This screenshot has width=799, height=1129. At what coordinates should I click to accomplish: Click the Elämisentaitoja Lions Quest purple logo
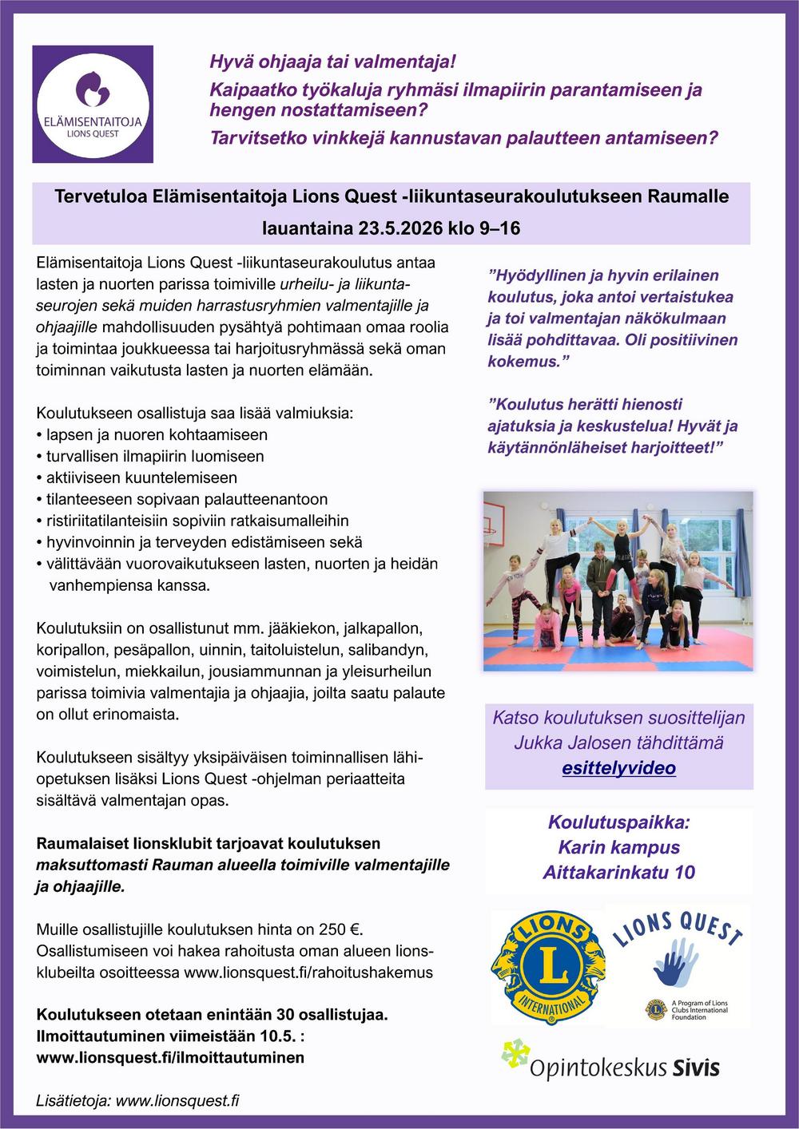point(93,104)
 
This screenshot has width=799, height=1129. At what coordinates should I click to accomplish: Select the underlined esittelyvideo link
point(618,768)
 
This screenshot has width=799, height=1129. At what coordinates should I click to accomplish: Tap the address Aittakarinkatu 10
point(618,872)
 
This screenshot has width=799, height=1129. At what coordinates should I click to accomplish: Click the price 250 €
point(341,929)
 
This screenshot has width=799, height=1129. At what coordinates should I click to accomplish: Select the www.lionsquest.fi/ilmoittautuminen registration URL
point(170,1057)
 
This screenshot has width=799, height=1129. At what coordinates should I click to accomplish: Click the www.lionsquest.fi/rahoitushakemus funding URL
point(308,973)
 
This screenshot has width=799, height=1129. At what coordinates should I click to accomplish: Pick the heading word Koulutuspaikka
point(618,822)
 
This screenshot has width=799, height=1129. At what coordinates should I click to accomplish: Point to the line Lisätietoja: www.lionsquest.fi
point(137,1100)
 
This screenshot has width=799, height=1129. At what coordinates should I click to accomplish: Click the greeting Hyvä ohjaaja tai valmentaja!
point(332,61)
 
